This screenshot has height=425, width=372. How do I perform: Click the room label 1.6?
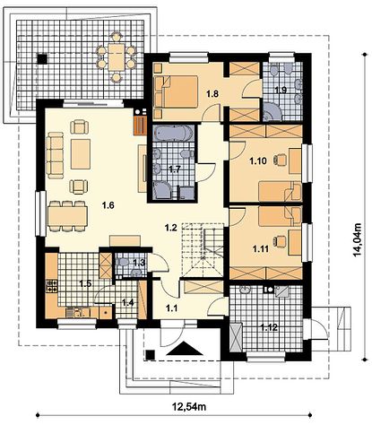108,205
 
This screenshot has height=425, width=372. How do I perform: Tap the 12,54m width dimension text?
189,406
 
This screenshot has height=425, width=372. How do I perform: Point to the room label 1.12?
270,327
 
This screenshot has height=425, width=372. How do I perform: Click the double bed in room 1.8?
176,91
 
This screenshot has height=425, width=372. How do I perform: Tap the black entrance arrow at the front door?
185,349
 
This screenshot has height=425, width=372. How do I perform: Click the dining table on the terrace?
116,57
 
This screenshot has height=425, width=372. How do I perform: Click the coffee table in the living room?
81,154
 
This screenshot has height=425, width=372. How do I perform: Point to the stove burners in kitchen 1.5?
51,285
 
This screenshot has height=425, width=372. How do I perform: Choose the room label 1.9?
281,90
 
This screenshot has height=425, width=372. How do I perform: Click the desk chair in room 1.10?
280,160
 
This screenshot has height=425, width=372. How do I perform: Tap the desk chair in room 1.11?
280,241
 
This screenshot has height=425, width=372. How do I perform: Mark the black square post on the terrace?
42,58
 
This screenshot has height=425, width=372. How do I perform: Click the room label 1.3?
139,263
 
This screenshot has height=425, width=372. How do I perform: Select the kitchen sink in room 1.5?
77,313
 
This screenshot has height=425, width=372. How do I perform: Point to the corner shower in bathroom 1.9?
272,112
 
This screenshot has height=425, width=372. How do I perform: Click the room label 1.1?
172,308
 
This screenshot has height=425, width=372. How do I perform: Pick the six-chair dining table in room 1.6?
67,216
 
